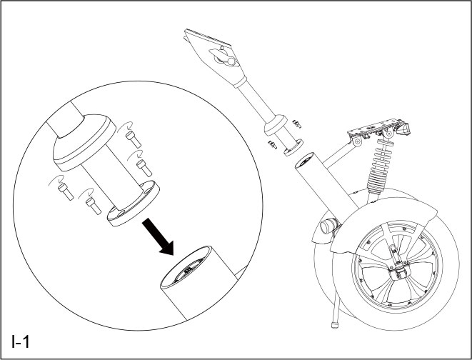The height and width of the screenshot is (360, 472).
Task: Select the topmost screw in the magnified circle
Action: (131, 134)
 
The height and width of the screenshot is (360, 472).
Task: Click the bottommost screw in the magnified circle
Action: (91, 204)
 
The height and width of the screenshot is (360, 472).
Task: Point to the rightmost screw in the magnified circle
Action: (143, 166)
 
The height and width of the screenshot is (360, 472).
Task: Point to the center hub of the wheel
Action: (398, 270)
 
